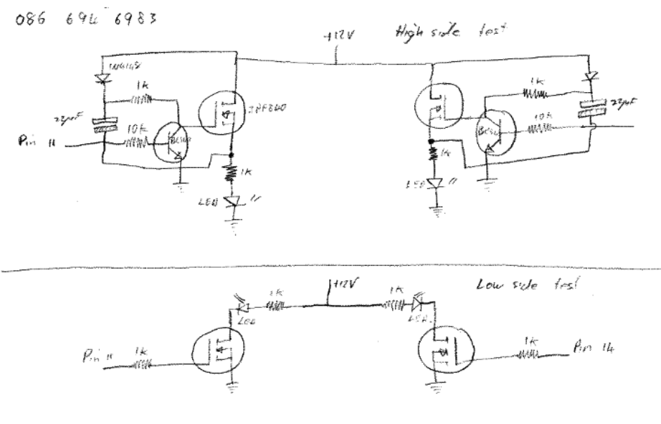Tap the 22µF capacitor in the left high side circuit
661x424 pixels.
[x=103, y=124]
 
